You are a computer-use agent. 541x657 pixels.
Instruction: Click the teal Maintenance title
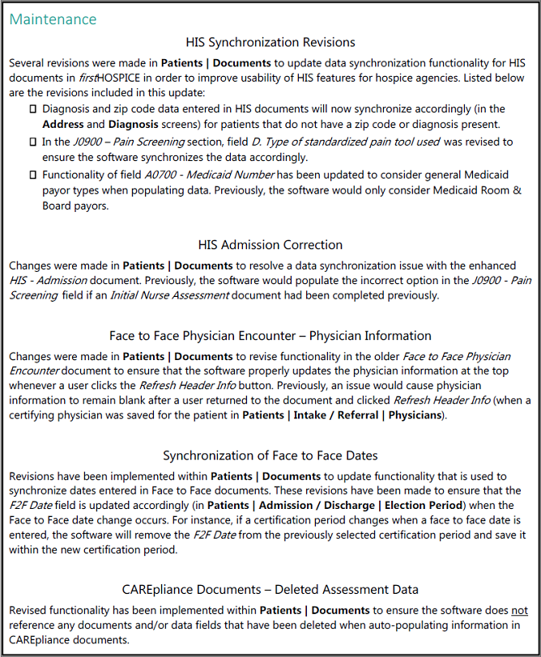click(53, 19)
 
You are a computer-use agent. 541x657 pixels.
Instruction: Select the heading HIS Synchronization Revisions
click(270, 42)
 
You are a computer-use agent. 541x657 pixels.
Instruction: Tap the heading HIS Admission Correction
click(270, 244)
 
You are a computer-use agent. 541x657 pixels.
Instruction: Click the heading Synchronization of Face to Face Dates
click(270, 456)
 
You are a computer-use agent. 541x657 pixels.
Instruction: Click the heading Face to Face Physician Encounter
click(270, 335)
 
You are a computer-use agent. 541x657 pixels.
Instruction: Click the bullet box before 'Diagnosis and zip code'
click(32, 108)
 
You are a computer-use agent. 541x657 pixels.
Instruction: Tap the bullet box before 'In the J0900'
click(32, 142)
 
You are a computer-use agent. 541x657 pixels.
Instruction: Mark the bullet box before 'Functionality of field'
click(32, 175)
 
